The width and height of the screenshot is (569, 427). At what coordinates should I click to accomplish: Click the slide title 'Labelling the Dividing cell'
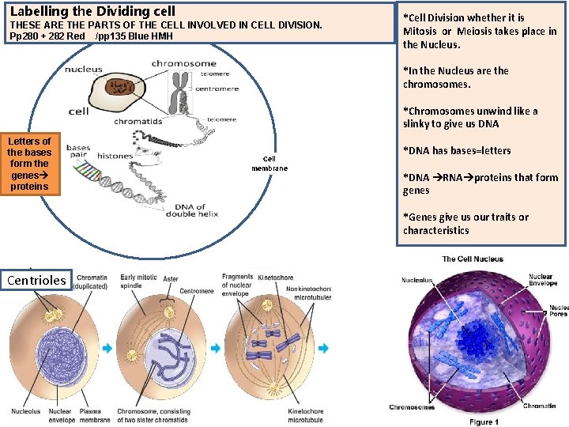pyautogui.click(x=92, y=12)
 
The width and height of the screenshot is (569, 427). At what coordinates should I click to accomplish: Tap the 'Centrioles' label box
pyautogui.click(x=36, y=279)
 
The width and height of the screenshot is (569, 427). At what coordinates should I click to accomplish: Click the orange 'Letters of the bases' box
pyautogui.click(x=29, y=164)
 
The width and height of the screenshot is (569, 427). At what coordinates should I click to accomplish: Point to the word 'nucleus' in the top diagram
pyautogui.click(x=84, y=69)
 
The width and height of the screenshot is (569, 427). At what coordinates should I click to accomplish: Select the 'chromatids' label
pyautogui.click(x=138, y=121)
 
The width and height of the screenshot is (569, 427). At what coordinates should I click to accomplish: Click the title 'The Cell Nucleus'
pyautogui.click(x=473, y=259)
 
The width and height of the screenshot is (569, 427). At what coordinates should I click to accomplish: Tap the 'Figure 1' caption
pyautogui.click(x=483, y=422)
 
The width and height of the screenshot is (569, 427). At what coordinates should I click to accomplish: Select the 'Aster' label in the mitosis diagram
pyautogui.click(x=171, y=279)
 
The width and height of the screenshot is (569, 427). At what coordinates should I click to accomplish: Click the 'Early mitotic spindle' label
pyautogui.click(x=138, y=281)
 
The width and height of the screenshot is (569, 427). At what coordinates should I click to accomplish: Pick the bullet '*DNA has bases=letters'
pyautogui.click(x=457, y=151)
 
